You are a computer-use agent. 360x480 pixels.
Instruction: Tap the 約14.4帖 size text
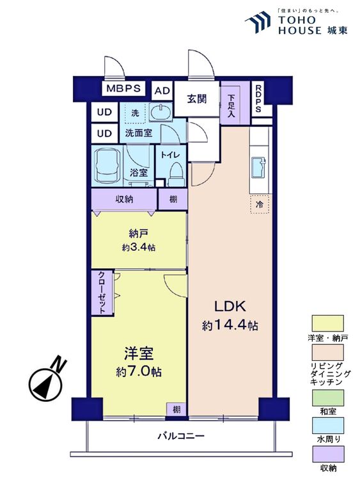[x=230, y=326]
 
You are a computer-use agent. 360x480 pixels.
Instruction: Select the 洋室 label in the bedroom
[x=137, y=353]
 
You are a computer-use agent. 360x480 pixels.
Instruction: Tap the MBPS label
[x=124, y=89]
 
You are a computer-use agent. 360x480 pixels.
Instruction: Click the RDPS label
[x=259, y=100]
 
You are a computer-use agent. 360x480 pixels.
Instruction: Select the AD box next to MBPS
[x=162, y=90]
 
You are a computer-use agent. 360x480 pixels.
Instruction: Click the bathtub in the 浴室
[x=109, y=164]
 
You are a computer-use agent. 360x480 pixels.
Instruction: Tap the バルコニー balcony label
[x=181, y=436]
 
